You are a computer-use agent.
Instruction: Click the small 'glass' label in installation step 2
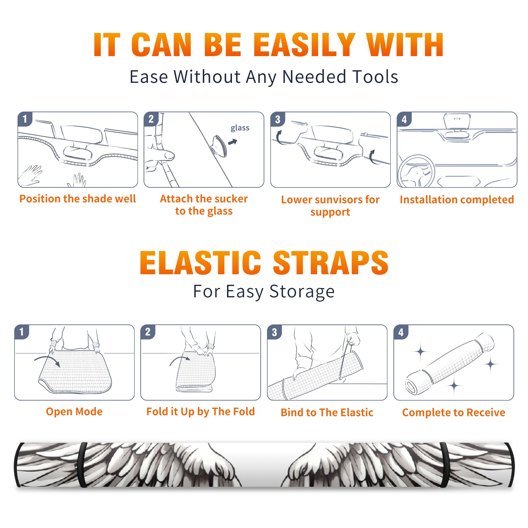coord(240,128)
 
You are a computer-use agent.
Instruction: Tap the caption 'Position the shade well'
coord(78,199)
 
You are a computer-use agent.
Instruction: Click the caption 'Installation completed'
coord(457,199)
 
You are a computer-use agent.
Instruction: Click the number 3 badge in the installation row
coord(278,119)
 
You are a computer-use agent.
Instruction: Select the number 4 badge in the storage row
coord(401,332)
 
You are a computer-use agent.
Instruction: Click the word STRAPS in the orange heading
coord(331,263)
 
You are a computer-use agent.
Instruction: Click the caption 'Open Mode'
coord(74,412)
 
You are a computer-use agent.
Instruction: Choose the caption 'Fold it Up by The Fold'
coord(201,412)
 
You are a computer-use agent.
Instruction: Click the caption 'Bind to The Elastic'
coord(327,412)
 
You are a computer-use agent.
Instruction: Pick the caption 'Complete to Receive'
coord(454,412)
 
